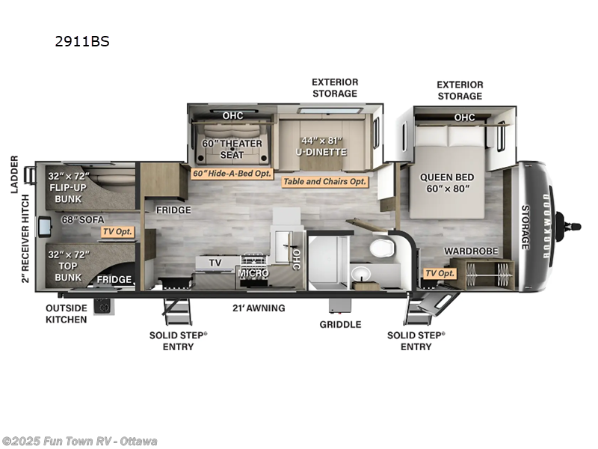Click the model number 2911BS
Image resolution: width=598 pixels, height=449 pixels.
pos(82,41)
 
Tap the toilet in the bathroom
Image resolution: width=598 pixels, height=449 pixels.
pos(381,248)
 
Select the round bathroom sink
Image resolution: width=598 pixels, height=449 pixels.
pos(361,274)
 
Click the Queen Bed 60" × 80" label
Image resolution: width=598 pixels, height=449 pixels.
pos(447,183)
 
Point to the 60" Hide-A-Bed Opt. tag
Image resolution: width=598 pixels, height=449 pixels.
pos(232,174)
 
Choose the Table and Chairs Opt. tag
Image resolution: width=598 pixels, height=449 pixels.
pos(324,182)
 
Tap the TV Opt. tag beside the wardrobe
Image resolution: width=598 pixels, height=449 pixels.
pos(440,273)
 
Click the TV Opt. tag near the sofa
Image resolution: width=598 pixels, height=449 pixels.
pos(117,232)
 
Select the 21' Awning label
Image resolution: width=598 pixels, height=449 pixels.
pos(259,308)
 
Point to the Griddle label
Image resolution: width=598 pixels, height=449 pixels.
pos(340,325)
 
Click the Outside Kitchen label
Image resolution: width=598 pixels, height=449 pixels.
pos(67,314)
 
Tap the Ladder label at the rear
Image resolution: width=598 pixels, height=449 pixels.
pos(14,174)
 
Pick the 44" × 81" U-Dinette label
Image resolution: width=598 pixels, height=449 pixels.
pos(321,146)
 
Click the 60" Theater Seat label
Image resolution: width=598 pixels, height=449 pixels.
pos(232,149)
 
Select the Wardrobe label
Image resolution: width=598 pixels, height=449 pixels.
pos(471,251)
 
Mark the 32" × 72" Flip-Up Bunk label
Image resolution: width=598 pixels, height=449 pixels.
pos(68,188)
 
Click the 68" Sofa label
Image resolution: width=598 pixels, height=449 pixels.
pos(83,220)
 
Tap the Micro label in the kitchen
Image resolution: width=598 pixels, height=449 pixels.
pos(253,273)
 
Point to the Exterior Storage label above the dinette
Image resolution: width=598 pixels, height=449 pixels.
pos(335,88)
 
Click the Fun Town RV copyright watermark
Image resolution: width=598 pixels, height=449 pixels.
pos(79,442)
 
